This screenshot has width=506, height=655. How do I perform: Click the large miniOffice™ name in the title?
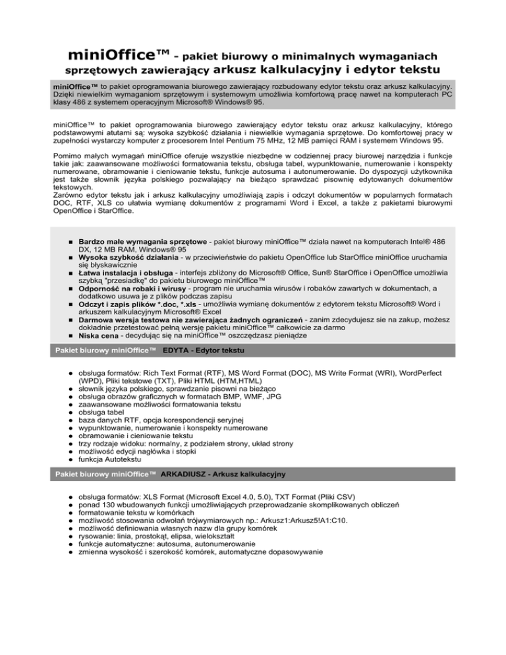(121, 51)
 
